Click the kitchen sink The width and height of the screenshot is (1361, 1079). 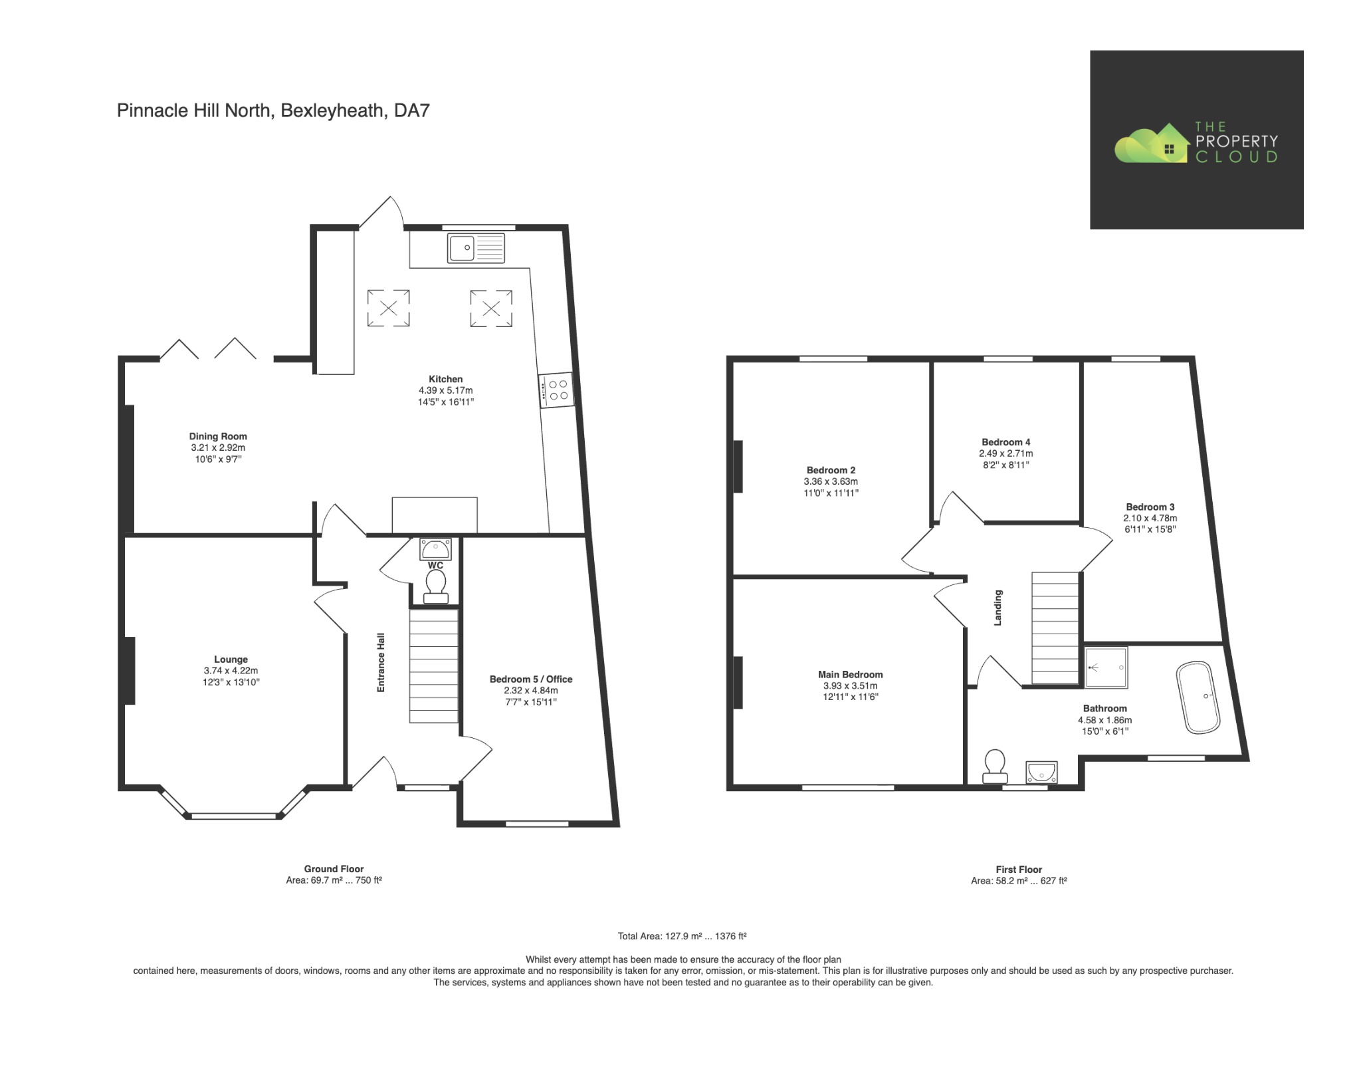point(476,248)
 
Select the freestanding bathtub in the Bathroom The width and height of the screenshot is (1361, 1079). point(1198,697)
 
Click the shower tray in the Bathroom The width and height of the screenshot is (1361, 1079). point(1106,667)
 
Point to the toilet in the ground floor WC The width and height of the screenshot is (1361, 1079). point(435,588)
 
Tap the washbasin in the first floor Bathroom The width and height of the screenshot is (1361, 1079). point(1041,773)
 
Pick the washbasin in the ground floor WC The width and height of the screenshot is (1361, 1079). point(435,549)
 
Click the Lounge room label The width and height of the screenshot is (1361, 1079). point(231,659)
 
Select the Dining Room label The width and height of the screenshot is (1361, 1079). point(218,437)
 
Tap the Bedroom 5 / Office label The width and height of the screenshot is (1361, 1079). point(531,679)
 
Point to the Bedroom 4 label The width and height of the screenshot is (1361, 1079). point(1006,442)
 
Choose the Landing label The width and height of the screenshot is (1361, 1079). point(997,608)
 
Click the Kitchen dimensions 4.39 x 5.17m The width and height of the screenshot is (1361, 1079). point(445,390)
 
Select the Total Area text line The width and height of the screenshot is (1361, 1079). point(682,936)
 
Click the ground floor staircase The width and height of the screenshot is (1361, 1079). point(433,666)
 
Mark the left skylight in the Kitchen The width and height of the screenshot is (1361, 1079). point(389,308)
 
